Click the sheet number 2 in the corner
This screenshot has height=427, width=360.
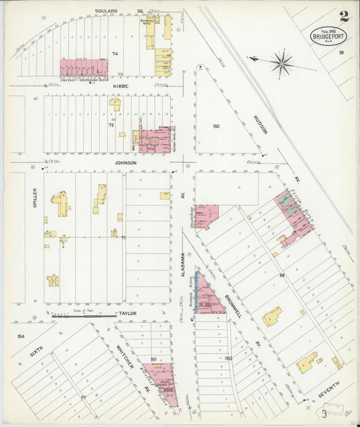[344, 16]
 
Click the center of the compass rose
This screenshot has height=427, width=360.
[282, 64]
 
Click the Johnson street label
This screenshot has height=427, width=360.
[125, 163]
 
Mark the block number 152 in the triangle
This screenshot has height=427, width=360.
[216, 126]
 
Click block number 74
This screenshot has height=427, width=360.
[114, 53]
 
